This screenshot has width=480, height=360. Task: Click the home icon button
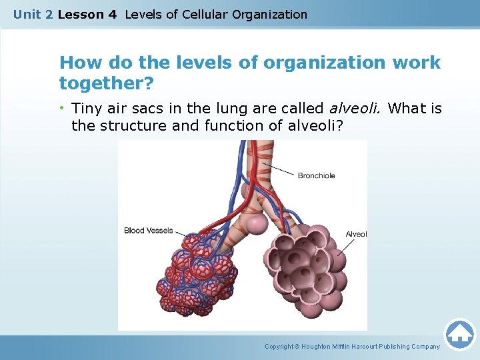pyautogui.click(x=459, y=333)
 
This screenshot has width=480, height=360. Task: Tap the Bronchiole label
pyautogui.click(x=316, y=176)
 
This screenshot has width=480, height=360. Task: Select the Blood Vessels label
pyautogui.click(x=148, y=231)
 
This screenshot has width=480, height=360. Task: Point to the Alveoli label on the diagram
pyautogui.click(x=356, y=234)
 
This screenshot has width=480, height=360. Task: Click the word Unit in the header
pyautogui.click(x=27, y=14)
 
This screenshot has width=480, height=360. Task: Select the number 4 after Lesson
pyautogui.click(x=112, y=14)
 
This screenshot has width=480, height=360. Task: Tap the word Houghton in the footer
pyautogui.click(x=318, y=347)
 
